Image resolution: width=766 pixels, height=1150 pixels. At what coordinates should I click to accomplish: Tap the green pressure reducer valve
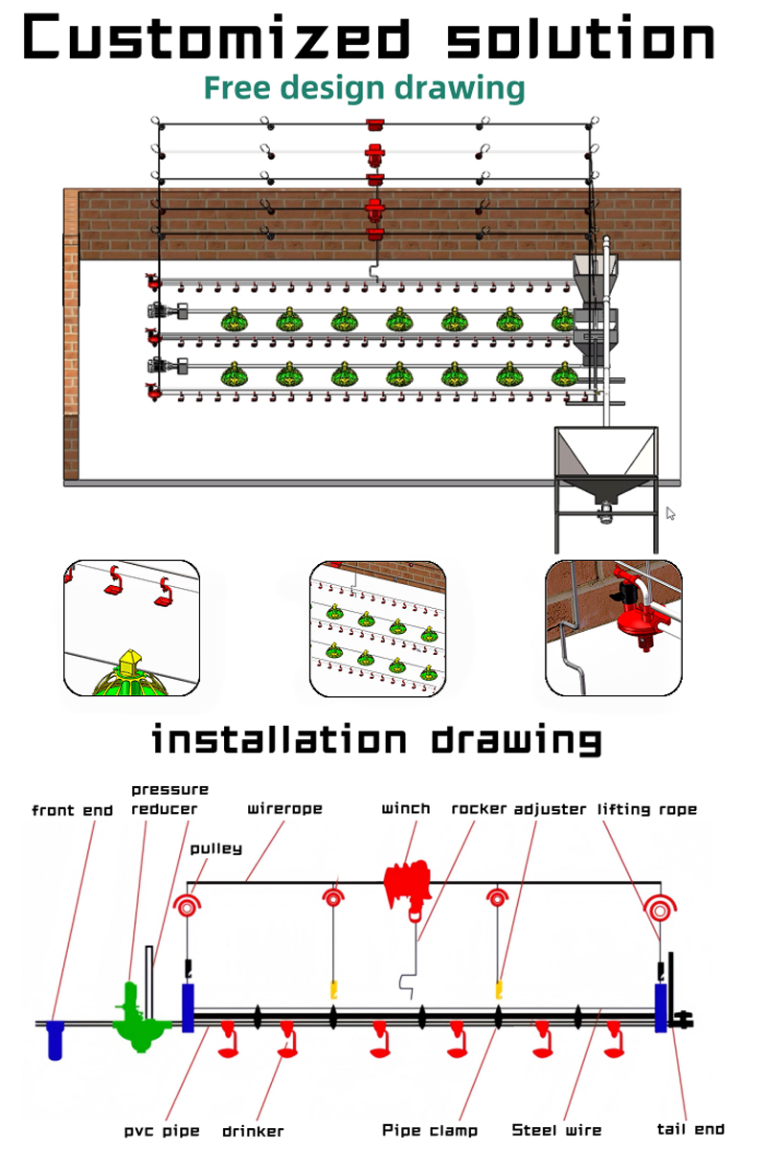tap(140, 1017)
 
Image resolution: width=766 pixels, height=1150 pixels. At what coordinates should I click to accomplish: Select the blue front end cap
tap(55, 1040)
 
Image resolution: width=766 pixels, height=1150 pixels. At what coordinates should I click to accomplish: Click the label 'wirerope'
tap(284, 808)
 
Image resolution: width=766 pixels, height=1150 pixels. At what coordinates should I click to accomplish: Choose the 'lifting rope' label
tap(647, 810)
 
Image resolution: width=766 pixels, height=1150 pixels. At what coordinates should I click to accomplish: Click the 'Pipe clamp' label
tap(430, 1131)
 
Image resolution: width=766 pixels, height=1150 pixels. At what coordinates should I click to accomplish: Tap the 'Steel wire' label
tap(556, 1130)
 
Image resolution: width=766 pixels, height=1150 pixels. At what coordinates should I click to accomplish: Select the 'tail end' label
tap(690, 1130)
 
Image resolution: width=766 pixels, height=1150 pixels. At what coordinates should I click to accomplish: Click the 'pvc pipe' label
tap(162, 1132)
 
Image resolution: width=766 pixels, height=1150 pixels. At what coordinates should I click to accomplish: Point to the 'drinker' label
tap(253, 1132)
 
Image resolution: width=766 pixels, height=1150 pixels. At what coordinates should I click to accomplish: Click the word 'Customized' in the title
tap(216, 37)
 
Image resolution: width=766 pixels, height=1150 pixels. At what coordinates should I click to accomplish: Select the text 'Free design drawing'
tap(365, 88)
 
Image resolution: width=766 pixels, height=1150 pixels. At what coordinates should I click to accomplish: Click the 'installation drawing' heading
tap(376, 739)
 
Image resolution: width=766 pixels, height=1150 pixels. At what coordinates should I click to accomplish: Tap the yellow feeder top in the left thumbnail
tap(129, 662)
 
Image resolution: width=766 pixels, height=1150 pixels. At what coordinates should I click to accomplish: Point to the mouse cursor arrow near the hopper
tap(670, 513)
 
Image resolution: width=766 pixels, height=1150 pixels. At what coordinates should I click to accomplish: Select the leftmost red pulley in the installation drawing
tap(187, 907)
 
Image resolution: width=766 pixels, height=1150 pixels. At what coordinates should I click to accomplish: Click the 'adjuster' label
tap(550, 810)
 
